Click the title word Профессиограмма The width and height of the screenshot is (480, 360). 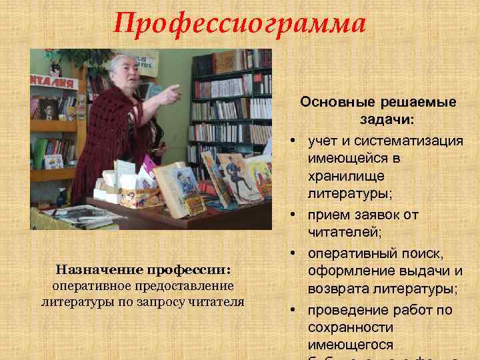pos(239,23)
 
